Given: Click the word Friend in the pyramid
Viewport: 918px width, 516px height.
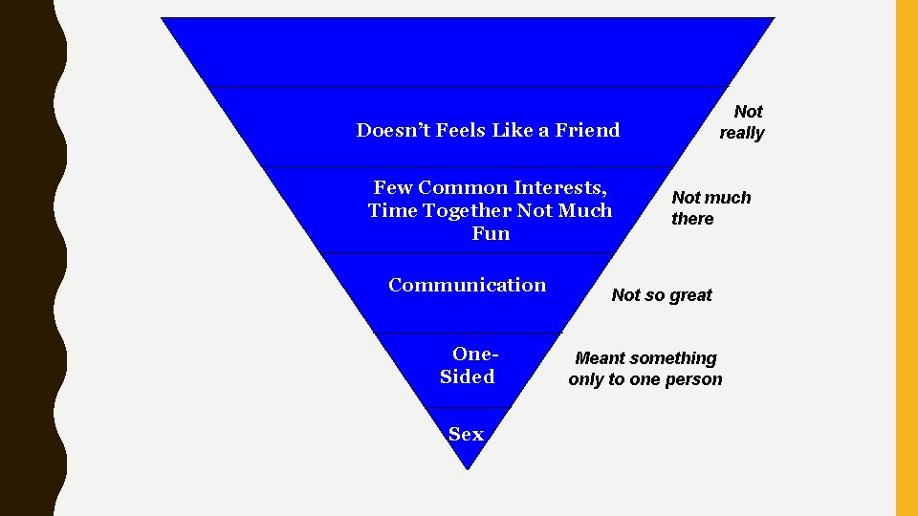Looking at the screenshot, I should pyautogui.click(x=586, y=130).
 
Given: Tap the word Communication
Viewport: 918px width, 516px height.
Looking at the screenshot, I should pyautogui.click(x=467, y=285).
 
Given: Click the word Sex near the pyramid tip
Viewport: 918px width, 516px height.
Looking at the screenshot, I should pyautogui.click(x=466, y=434).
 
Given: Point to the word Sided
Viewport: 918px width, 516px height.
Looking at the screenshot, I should pyautogui.click(x=467, y=376).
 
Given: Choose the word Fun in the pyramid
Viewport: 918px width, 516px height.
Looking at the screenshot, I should pyautogui.click(x=491, y=233).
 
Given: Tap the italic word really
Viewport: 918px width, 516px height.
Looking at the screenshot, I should pyautogui.click(x=742, y=133).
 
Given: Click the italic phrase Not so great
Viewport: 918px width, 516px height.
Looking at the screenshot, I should pyautogui.click(x=662, y=295).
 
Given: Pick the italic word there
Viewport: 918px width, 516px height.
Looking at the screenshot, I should pyautogui.click(x=692, y=219).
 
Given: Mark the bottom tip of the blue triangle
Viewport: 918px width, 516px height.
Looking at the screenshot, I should pyautogui.click(x=467, y=469).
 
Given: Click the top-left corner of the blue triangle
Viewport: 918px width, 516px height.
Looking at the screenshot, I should pyautogui.click(x=163, y=19).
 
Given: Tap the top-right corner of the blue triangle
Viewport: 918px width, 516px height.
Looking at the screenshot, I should pyautogui.click(x=773, y=19).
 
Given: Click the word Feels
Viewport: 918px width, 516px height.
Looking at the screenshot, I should pyautogui.click(x=462, y=130).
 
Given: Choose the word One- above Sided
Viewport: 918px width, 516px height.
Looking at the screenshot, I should pyautogui.click(x=475, y=354).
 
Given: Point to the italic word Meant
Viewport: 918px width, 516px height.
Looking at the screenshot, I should pyautogui.click(x=600, y=358).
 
